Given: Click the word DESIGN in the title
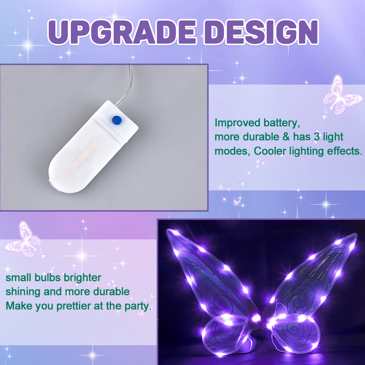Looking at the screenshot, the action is click(261, 33).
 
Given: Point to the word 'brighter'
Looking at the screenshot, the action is click(82, 278).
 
